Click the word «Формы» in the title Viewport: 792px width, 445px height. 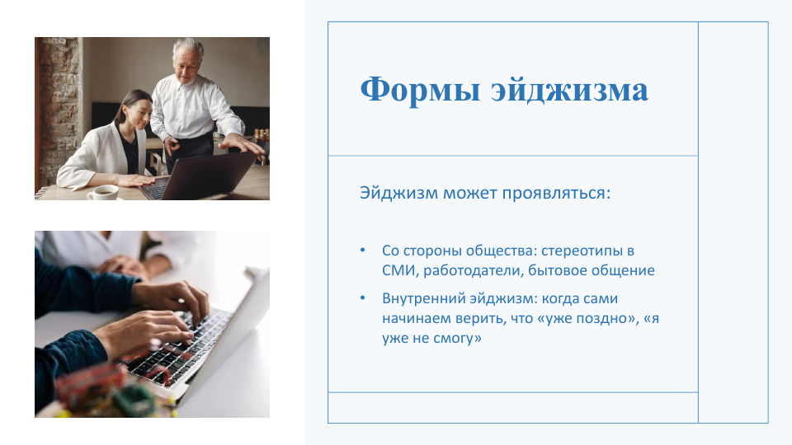point(420,91)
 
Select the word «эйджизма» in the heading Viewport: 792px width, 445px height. point(570,90)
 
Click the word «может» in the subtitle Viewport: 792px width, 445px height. point(469,193)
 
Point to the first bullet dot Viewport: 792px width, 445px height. point(363,250)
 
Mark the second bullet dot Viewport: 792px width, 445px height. point(363,297)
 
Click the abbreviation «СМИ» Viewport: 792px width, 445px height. point(399,270)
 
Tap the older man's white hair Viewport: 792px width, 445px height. point(188,48)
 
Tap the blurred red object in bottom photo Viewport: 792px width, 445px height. point(91,383)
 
